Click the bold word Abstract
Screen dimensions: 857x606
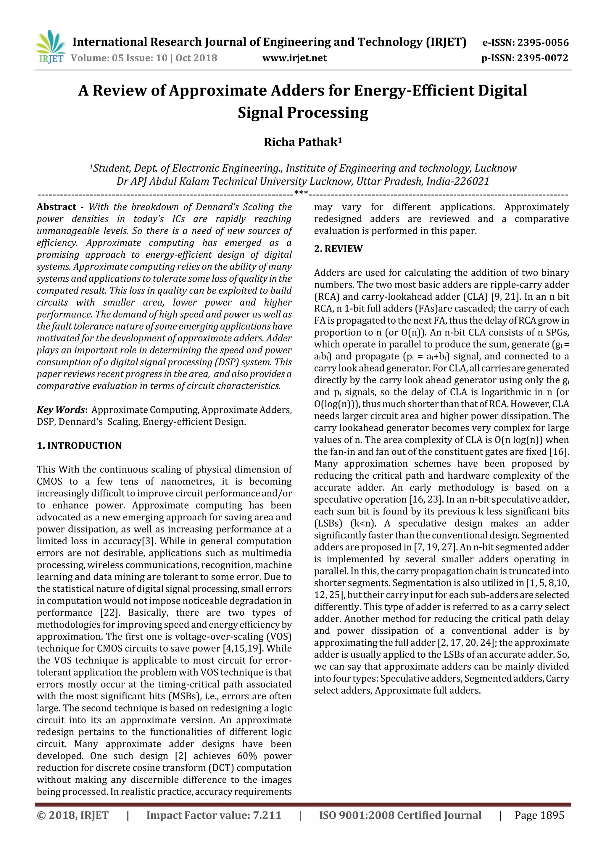click(x=57, y=207)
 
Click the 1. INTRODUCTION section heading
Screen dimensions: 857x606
click(x=79, y=446)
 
